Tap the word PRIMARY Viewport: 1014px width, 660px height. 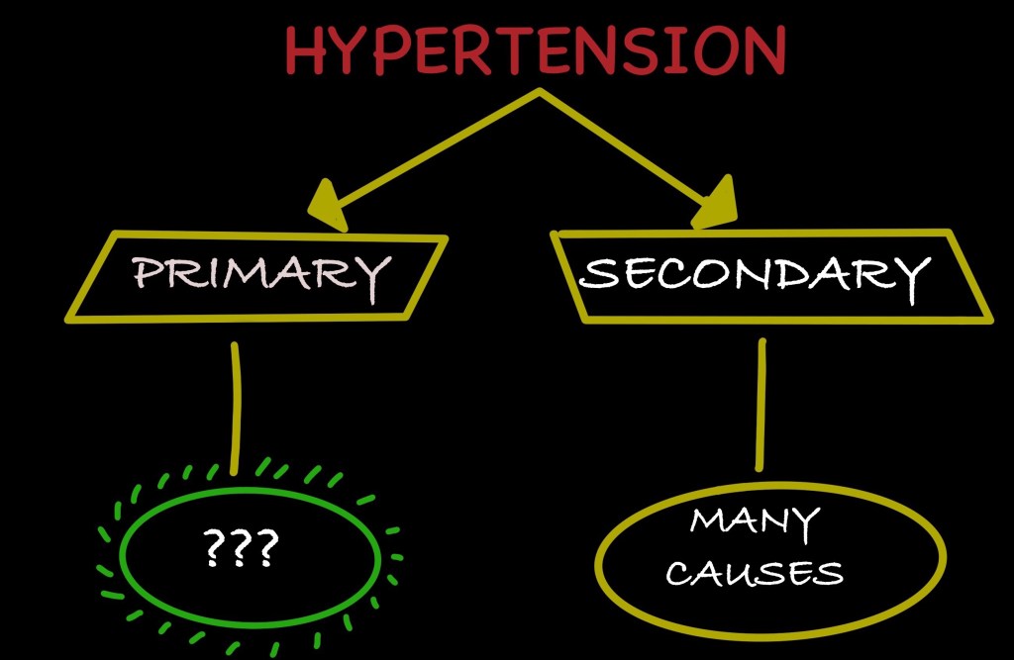[x=259, y=275]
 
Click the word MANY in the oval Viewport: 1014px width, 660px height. [x=755, y=522]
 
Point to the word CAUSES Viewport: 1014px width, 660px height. [x=755, y=572]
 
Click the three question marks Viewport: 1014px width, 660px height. [x=240, y=548]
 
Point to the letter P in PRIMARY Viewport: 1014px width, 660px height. [x=146, y=275]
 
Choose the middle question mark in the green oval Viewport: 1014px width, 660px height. [x=240, y=548]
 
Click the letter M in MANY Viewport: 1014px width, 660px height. [x=709, y=521]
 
